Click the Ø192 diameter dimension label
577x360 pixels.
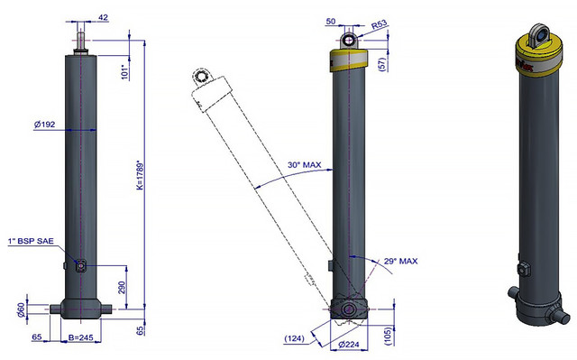[44, 125]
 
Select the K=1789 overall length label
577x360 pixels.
[140, 175]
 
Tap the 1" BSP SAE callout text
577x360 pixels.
[31, 241]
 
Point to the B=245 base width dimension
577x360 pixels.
[80, 337]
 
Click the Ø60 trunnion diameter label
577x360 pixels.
[22, 309]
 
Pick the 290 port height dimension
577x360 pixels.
[122, 287]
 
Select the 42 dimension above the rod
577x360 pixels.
[104, 17]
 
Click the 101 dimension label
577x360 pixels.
[125, 72]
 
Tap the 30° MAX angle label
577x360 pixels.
[305, 164]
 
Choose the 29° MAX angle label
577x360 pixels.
[400, 261]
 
